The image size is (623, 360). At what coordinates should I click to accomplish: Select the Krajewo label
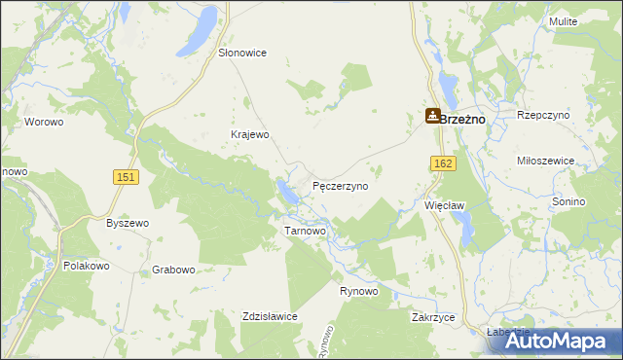tap(248, 134)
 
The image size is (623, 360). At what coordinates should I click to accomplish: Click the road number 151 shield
tap(125, 176)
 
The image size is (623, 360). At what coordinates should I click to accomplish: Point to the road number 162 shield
tap(444, 164)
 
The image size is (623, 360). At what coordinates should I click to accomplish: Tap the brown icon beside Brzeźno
tap(432, 116)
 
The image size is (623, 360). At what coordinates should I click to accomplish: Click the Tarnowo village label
tap(305, 232)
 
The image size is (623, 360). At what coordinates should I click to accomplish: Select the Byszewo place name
tap(128, 223)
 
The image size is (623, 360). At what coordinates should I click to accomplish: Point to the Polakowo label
tap(89, 266)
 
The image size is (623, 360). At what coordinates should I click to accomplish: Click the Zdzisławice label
tap(270, 316)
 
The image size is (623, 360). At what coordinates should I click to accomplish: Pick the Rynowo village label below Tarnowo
tap(359, 292)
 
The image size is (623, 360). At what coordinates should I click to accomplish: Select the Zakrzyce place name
tap(434, 318)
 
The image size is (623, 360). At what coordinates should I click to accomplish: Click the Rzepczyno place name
tap(543, 115)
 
